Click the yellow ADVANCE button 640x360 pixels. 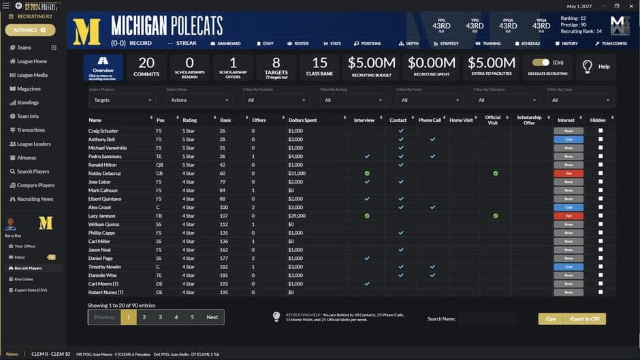tap(30, 30)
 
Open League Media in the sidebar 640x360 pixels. tap(32, 75)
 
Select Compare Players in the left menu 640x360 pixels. tap(35, 185)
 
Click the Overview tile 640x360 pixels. tap(103, 67)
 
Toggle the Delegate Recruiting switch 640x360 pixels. tap(541, 63)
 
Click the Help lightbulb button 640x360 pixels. tap(596, 67)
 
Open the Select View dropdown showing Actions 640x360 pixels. tap(199, 100)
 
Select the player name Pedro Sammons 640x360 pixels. tap(104, 156)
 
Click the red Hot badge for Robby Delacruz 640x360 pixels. tap(569, 173)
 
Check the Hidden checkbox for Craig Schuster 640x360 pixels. tap(601, 131)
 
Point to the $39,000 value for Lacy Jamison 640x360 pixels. tap(296, 216)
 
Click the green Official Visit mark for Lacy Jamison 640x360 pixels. tap(496, 216)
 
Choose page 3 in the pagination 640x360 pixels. tap(161, 317)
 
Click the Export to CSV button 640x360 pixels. tap(585, 318)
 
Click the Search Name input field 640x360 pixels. tap(487, 318)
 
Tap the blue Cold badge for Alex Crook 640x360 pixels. tap(569, 207)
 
